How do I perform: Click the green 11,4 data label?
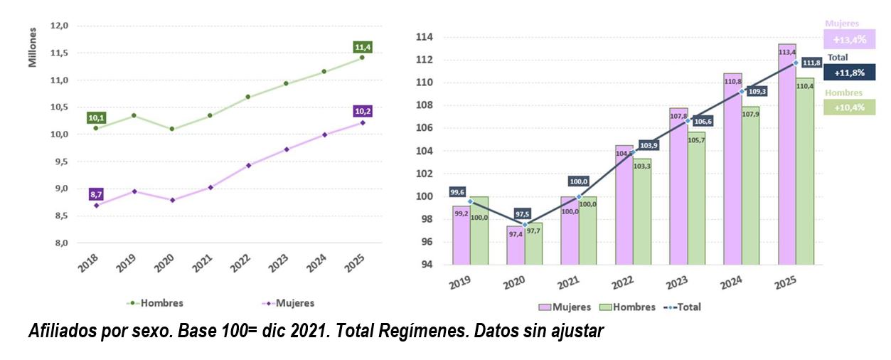(x=363, y=47)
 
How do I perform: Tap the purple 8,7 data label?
(x=97, y=194)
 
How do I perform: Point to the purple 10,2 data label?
(x=363, y=111)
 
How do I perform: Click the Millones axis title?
(x=33, y=48)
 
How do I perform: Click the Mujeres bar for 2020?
(x=516, y=245)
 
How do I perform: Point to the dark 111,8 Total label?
(x=811, y=62)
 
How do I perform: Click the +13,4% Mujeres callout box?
(x=849, y=38)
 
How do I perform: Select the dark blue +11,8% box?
(x=849, y=72)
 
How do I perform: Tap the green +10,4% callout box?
(x=849, y=107)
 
